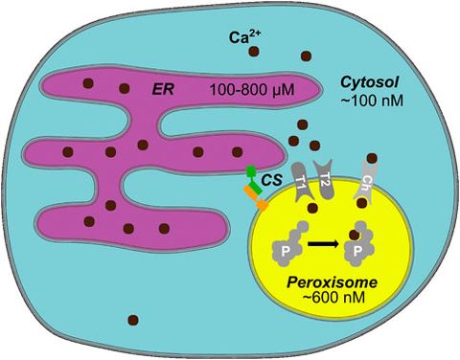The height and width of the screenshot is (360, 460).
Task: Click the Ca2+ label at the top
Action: pos(241,39)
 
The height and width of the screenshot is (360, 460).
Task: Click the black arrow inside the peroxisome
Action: pos(323,247)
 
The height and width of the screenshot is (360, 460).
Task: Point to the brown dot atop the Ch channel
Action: pos(373,159)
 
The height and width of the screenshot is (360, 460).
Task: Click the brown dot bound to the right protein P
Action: pos(355,234)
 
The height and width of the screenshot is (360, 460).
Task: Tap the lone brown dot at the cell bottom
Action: pos(133,321)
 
